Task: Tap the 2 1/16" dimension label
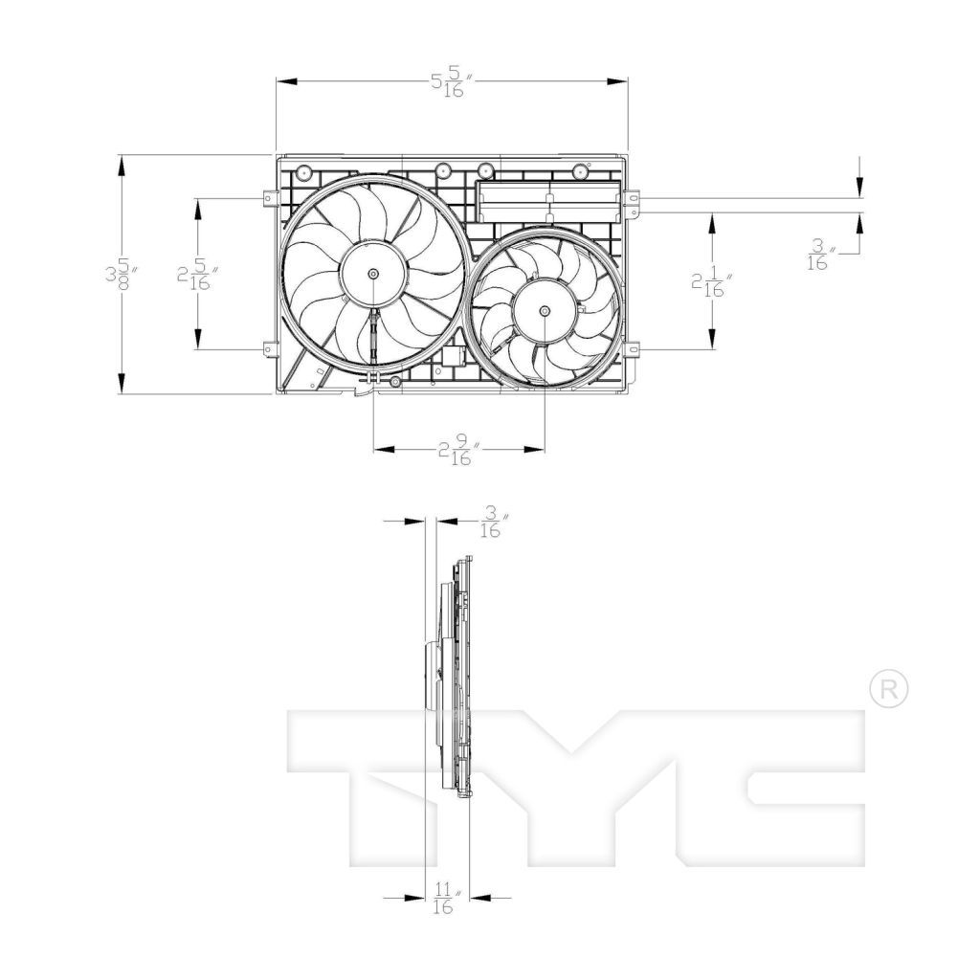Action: [x=712, y=282]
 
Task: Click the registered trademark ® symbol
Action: [x=887, y=689]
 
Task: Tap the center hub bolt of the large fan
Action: [x=372, y=274]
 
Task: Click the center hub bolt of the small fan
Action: [x=545, y=311]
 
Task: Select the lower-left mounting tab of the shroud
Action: [x=269, y=350]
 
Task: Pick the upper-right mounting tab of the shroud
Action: [x=633, y=201]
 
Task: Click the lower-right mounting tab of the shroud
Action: [x=633, y=350]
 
